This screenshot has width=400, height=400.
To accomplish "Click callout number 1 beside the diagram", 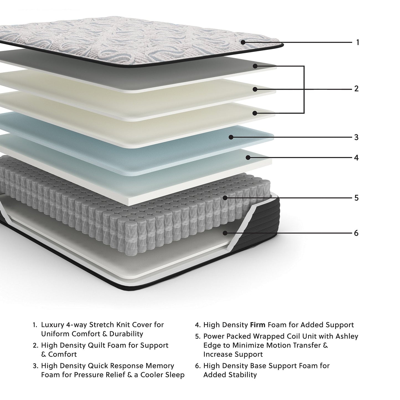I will point(358,42).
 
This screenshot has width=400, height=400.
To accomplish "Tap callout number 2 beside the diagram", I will point(356,89).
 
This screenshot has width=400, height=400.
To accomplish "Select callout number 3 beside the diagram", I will point(356,137).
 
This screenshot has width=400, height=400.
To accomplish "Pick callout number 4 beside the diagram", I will point(356,158).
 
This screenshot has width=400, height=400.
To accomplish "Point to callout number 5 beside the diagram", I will point(356,198).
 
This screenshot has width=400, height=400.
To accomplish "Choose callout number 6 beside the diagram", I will point(356,233).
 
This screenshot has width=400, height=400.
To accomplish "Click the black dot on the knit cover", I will point(243,42).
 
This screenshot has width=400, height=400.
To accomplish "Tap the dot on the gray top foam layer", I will point(255,66).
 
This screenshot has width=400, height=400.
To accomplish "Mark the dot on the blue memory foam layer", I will point(231,137).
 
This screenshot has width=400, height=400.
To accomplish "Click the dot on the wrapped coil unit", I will point(225,198).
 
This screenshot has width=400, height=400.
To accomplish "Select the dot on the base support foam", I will point(225,233).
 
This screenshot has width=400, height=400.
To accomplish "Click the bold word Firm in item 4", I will point(257,325).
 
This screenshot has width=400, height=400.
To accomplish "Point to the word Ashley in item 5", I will point(347,336).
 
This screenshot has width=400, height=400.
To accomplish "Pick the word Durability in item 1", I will point(126,334).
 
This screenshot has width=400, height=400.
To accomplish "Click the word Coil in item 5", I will point(296,336).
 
